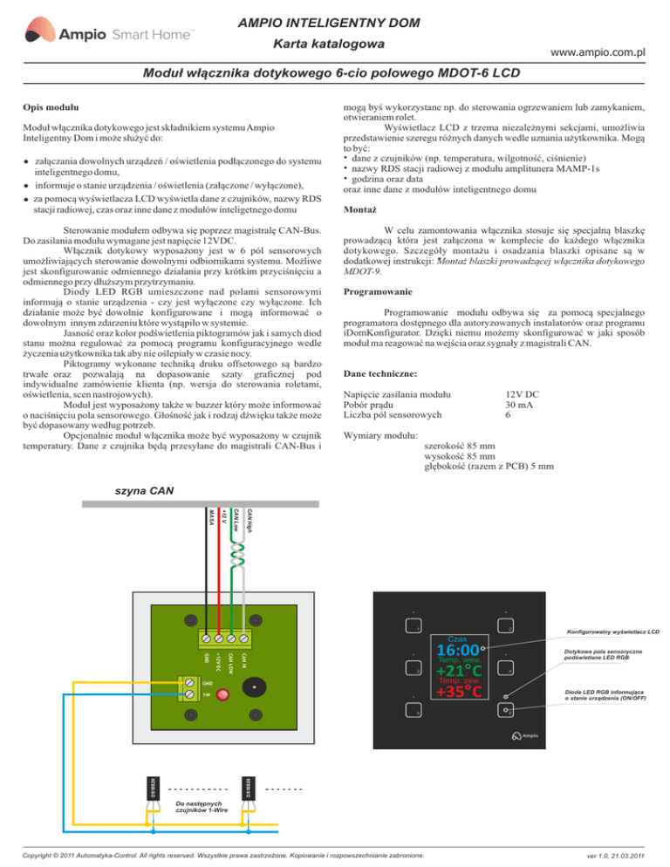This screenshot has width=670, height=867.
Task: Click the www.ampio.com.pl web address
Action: tap(591, 52)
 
